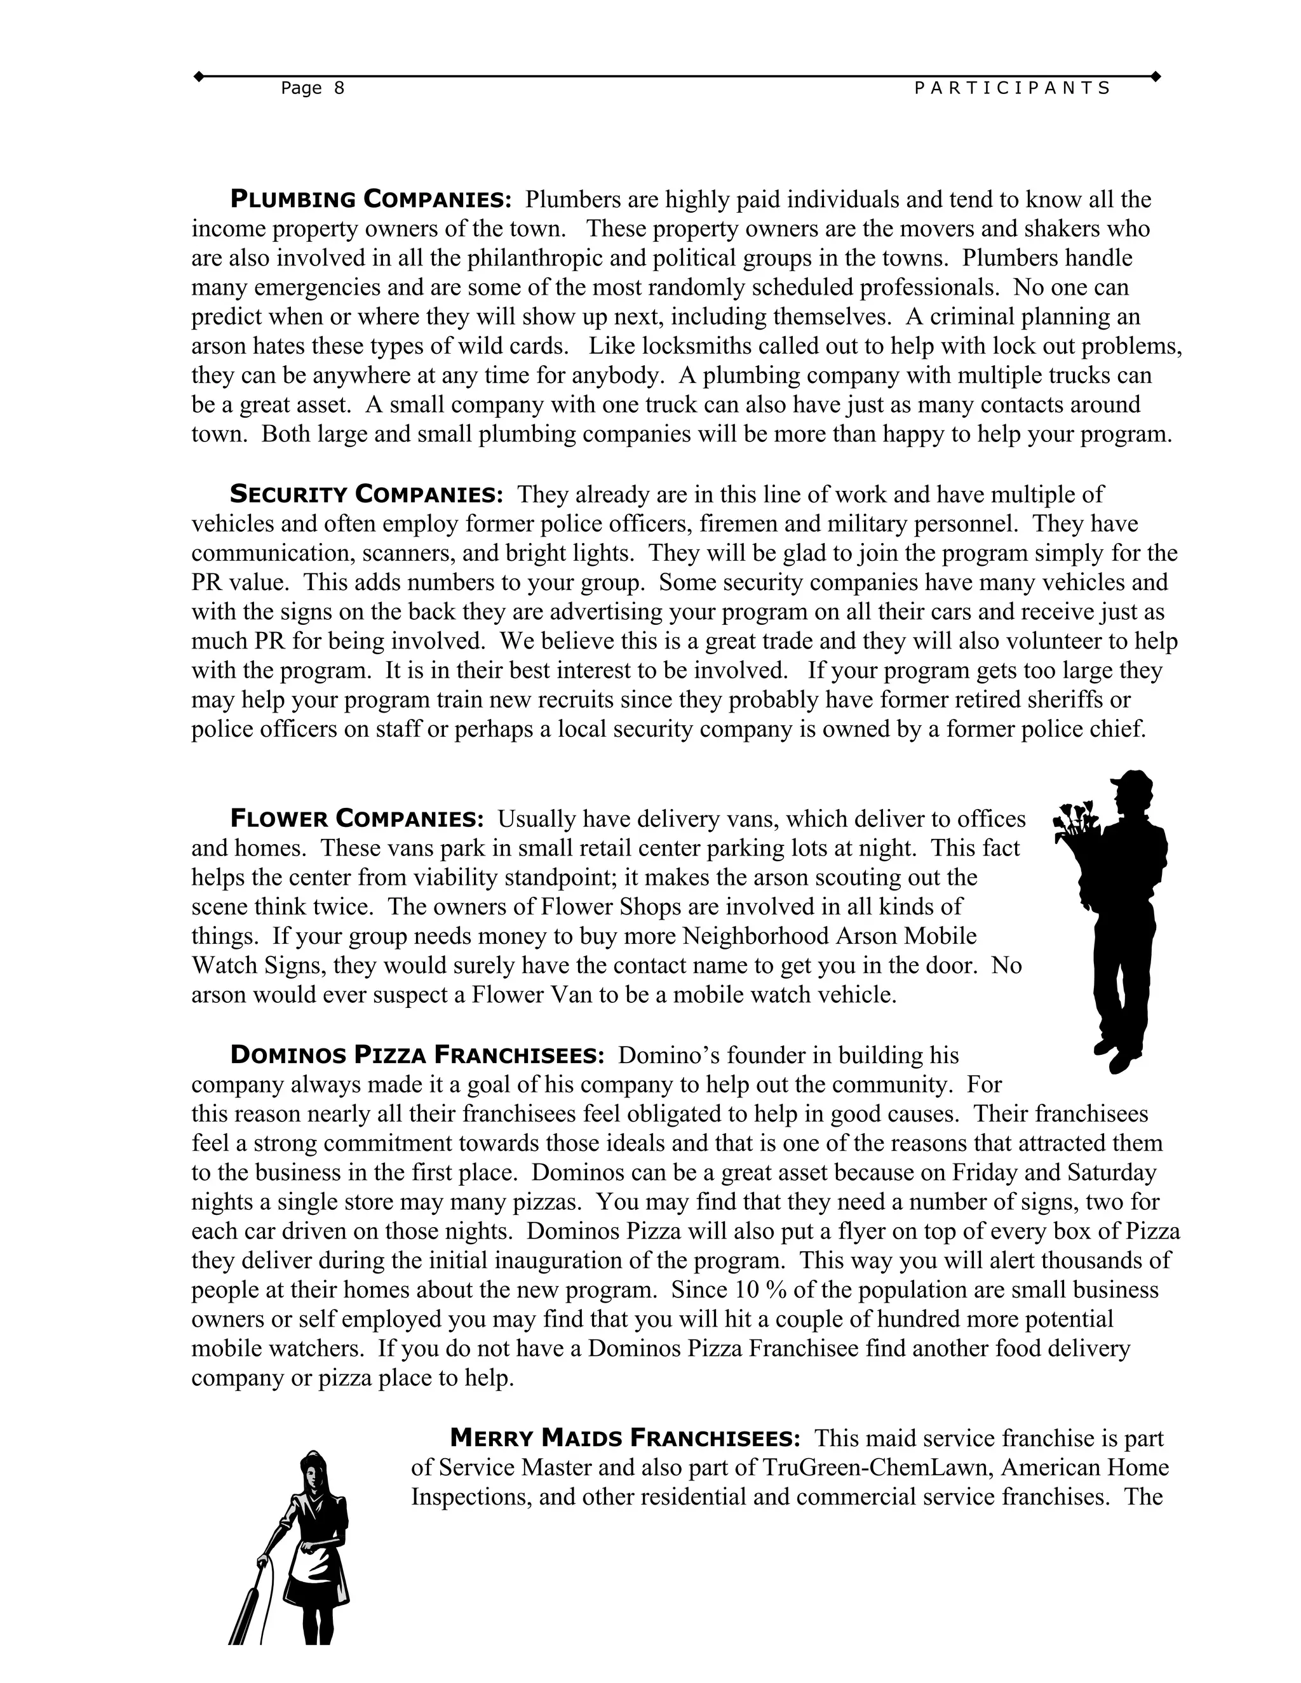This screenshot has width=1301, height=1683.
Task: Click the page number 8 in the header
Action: pos(339,89)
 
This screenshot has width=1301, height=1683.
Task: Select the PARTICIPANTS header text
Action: pos(1012,89)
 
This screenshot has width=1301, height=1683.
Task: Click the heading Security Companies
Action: pos(366,494)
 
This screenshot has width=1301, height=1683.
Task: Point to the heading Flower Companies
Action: pos(357,819)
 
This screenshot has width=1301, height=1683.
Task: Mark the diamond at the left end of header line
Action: pos(198,76)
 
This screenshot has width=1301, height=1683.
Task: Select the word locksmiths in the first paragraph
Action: pos(697,346)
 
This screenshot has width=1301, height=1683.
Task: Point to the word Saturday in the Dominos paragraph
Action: pos(1112,1173)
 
